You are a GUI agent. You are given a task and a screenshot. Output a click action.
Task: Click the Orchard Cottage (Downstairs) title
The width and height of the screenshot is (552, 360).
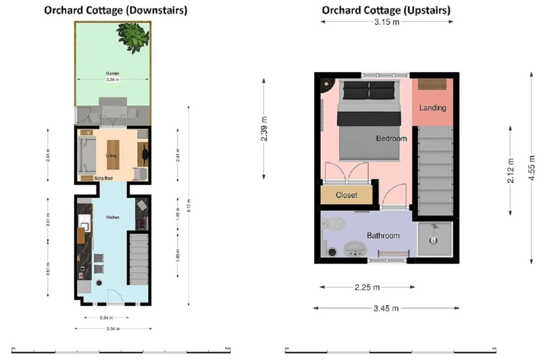pyautogui.click(x=116, y=10)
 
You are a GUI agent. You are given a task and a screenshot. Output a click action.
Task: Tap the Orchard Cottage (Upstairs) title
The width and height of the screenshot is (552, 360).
pyautogui.click(x=386, y=10)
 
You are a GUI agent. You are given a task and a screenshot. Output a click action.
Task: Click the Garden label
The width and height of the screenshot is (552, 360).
pyautogui.click(x=112, y=73)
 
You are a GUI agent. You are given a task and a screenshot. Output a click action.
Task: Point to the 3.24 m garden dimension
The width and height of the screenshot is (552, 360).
pyautogui.click(x=112, y=80)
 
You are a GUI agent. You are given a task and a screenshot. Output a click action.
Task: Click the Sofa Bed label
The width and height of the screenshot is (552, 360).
pyautogui.click(x=103, y=178)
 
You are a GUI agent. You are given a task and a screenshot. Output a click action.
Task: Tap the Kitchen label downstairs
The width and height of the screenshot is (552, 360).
pyautogui.click(x=112, y=217)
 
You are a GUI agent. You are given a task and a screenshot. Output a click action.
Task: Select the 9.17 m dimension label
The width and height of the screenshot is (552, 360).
pyautogui.click(x=189, y=205)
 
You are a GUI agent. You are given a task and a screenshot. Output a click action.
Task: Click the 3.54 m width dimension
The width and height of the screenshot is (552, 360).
pyautogui.click(x=113, y=328)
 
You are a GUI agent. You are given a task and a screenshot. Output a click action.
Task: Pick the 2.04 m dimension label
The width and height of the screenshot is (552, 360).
pyautogui.click(x=106, y=317)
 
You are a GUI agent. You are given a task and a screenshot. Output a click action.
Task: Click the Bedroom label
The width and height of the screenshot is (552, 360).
pyautogui.click(x=391, y=138)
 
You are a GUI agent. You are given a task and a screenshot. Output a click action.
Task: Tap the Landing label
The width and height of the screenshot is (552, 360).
pyautogui.click(x=433, y=108)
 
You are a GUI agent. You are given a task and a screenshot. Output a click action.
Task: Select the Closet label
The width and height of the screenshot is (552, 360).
pyautogui.click(x=346, y=195)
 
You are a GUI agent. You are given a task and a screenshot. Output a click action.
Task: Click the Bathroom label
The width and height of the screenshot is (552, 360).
pyautogui.click(x=383, y=235)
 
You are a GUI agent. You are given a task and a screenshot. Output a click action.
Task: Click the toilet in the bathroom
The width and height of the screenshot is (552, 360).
pyautogui.click(x=334, y=224)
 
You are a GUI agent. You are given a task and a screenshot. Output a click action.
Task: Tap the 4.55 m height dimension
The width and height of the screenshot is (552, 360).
pyautogui.click(x=531, y=168)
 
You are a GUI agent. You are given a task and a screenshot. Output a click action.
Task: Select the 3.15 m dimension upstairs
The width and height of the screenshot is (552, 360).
pyautogui.click(x=387, y=22)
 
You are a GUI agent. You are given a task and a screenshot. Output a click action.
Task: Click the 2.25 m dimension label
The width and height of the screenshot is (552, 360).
pyautogui.click(x=367, y=287)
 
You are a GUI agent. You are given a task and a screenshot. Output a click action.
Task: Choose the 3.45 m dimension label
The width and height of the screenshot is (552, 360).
pyautogui.click(x=386, y=308)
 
